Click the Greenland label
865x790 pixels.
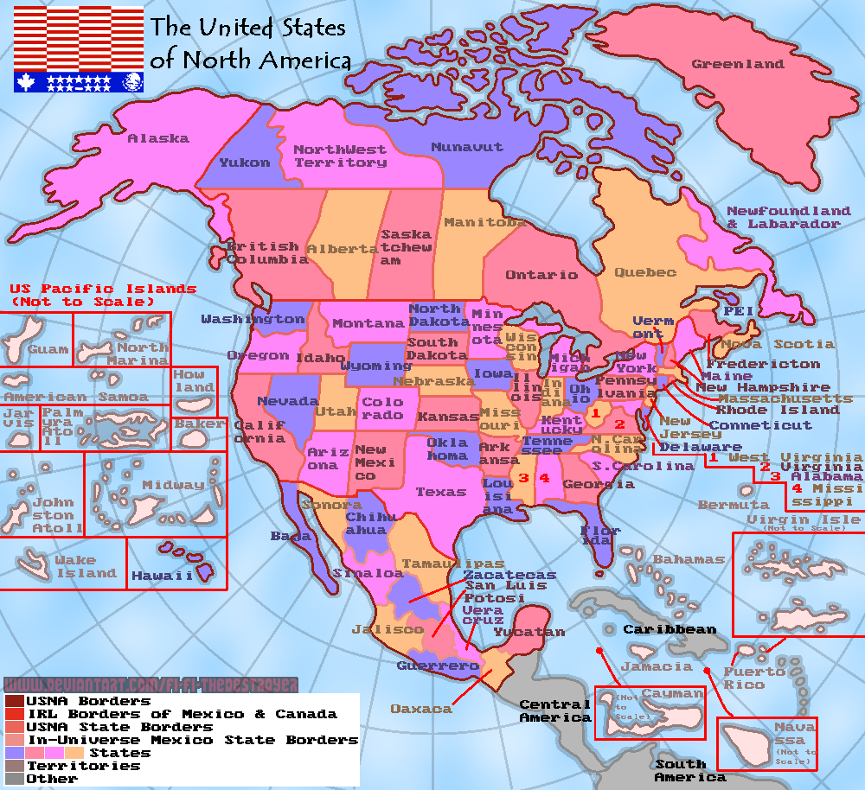tap(737, 64)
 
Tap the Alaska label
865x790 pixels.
tap(157, 138)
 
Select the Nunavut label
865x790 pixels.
tap(466, 147)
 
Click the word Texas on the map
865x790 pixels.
tap(441, 492)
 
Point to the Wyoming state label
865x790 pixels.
tap(375, 366)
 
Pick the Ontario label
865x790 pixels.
tap(541, 275)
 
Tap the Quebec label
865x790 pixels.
tap(644, 272)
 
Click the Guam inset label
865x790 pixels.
tap(48, 350)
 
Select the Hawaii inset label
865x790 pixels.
tap(162, 576)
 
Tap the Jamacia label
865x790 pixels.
tap(656, 666)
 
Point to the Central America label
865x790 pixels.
tap(554, 711)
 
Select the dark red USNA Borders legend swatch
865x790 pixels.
tap(14, 701)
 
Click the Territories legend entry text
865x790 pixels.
tap(83, 766)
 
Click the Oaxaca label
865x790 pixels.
tap(421, 709)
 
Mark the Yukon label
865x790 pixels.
tap(244, 162)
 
